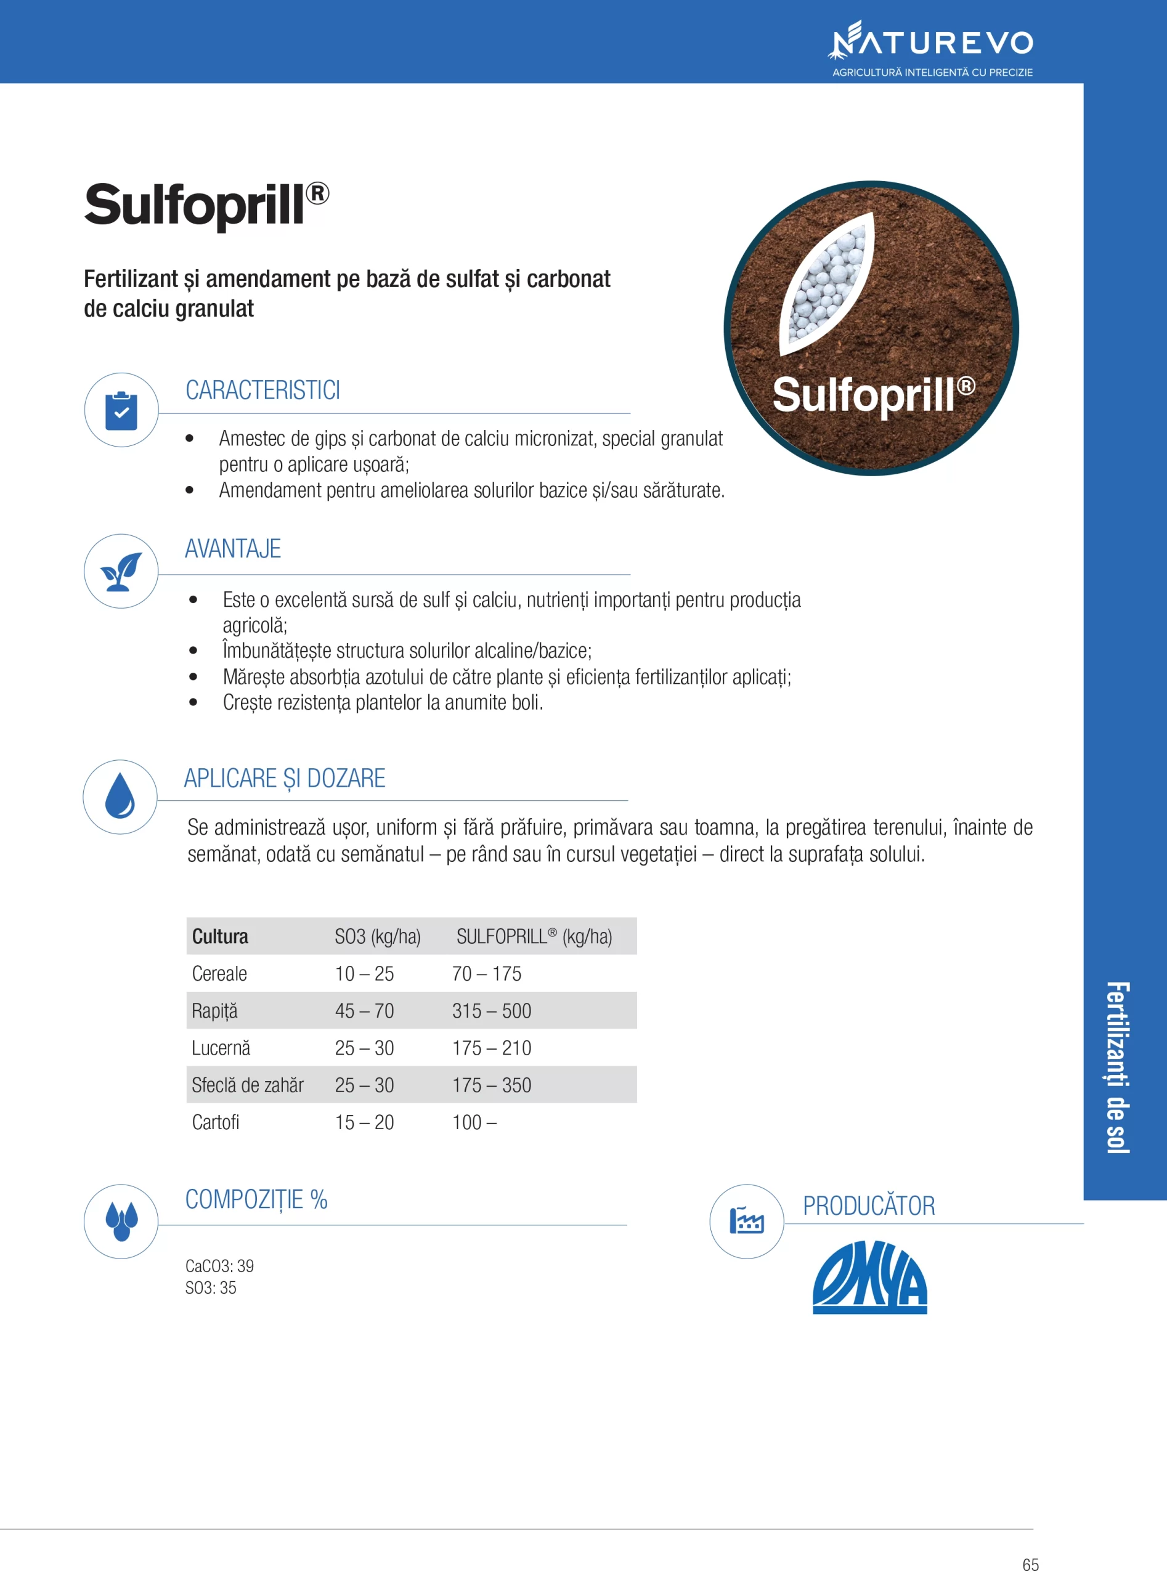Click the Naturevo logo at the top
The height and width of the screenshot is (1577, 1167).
click(931, 43)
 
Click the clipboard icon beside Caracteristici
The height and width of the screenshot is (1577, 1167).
click(121, 410)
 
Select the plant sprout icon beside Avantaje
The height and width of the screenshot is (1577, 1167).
click(121, 571)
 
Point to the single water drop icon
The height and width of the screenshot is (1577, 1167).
click(120, 796)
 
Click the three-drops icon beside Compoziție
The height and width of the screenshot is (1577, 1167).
click(121, 1221)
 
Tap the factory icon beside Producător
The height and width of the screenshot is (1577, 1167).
click(746, 1221)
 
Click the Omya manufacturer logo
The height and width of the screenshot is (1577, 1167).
click(869, 1277)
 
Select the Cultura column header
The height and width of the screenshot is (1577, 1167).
click(220, 936)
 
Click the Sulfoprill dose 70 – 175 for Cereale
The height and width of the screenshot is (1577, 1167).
click(486, 974)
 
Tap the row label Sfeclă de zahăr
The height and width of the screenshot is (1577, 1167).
click(247, 1085)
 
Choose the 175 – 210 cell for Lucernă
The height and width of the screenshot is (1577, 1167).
click(491, 1048)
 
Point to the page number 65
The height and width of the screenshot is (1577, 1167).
click(1030, 1564)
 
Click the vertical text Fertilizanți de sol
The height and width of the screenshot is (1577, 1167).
click(1118, 1066)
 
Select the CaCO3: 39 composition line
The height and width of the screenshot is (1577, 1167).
click(219, 1265)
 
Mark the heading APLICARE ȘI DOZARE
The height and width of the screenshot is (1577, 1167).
click(285, 778)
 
